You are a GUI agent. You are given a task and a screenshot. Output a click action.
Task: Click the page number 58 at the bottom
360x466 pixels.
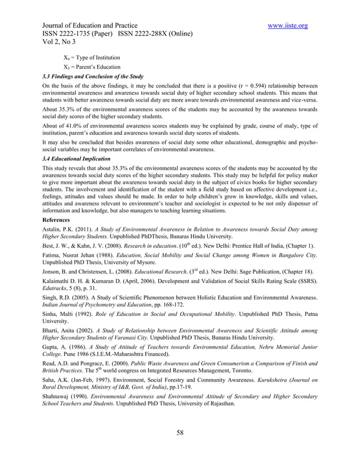[x=180, y=433]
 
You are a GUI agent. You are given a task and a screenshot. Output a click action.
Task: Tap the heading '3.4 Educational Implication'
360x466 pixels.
[x=74, y=160]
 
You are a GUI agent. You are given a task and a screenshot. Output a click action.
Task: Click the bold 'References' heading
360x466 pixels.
[x=56, y=219]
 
